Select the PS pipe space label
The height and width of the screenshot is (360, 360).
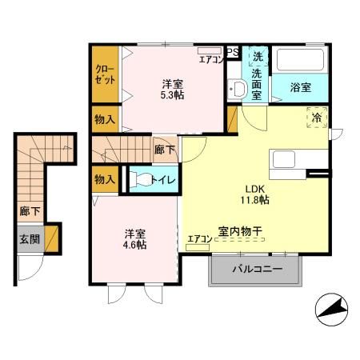click(x=233, y=53)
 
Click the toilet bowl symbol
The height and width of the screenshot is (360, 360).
click(x=142, y=179)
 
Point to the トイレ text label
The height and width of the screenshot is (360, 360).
click(x=165, y=180)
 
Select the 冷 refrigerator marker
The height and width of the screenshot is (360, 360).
click(x=317, y=118)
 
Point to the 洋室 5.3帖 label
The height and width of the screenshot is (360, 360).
click(x=173, y=87)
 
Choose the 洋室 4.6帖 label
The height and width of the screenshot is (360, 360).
click(x=134, y=239)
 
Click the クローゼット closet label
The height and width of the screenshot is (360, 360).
click(x=104, y=74)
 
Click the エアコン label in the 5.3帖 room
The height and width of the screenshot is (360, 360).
click(x=211, y=59)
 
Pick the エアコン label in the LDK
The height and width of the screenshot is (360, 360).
click(x=198, y=238)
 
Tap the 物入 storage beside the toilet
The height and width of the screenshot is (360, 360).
click(x=105, y=178)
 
